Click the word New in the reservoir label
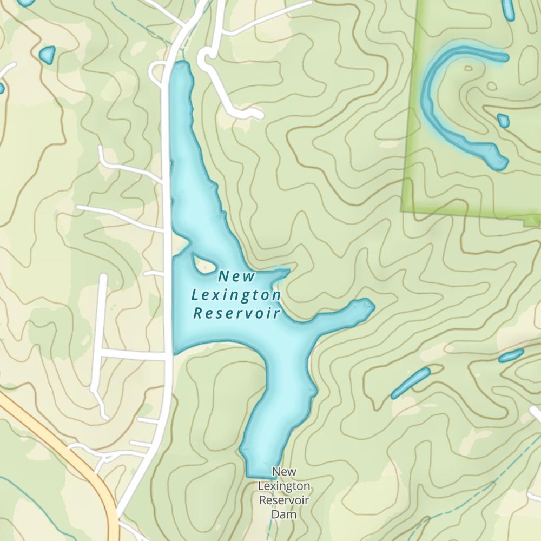pos(236,277)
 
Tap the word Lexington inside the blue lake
pos(236,295)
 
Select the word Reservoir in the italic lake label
pos(236,313)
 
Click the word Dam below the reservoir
pos(284,514)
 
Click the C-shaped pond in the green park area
pos(433,103)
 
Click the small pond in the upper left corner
pos(48,55)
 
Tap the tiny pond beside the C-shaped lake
pos(503,120)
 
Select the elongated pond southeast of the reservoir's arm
pos(410,382)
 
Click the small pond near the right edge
pos(511,355)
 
